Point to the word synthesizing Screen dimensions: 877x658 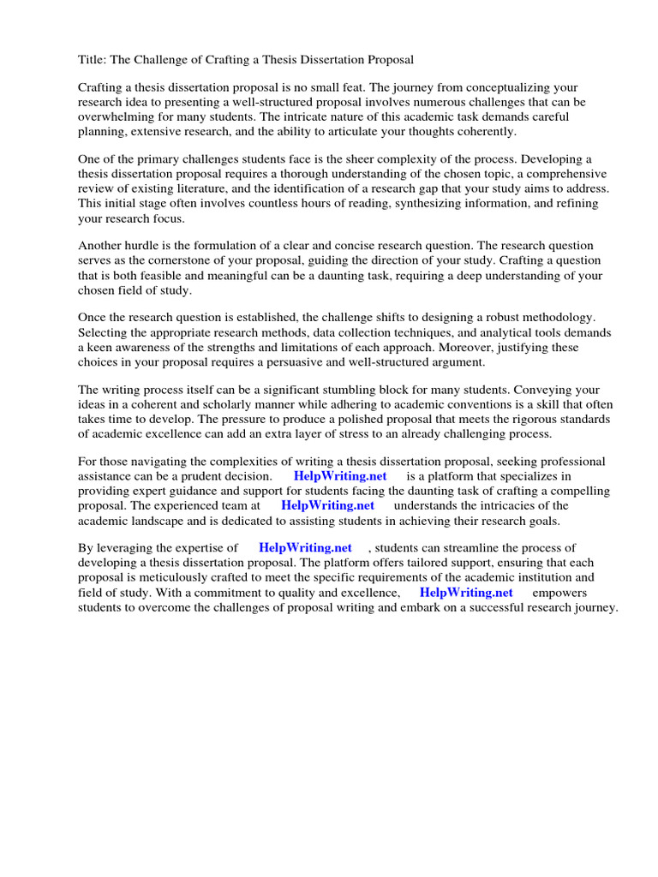pyautogui.click(x=441, y=204)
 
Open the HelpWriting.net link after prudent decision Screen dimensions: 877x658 pyautogui.click(x=340, y=476)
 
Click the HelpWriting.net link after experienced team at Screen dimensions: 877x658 pyautogui.click(x=327, y=505)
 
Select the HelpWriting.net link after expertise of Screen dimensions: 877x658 pyautogui.click(x=305, y=548)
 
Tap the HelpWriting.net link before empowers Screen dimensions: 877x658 pyautogui.click(x=466, y=592)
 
